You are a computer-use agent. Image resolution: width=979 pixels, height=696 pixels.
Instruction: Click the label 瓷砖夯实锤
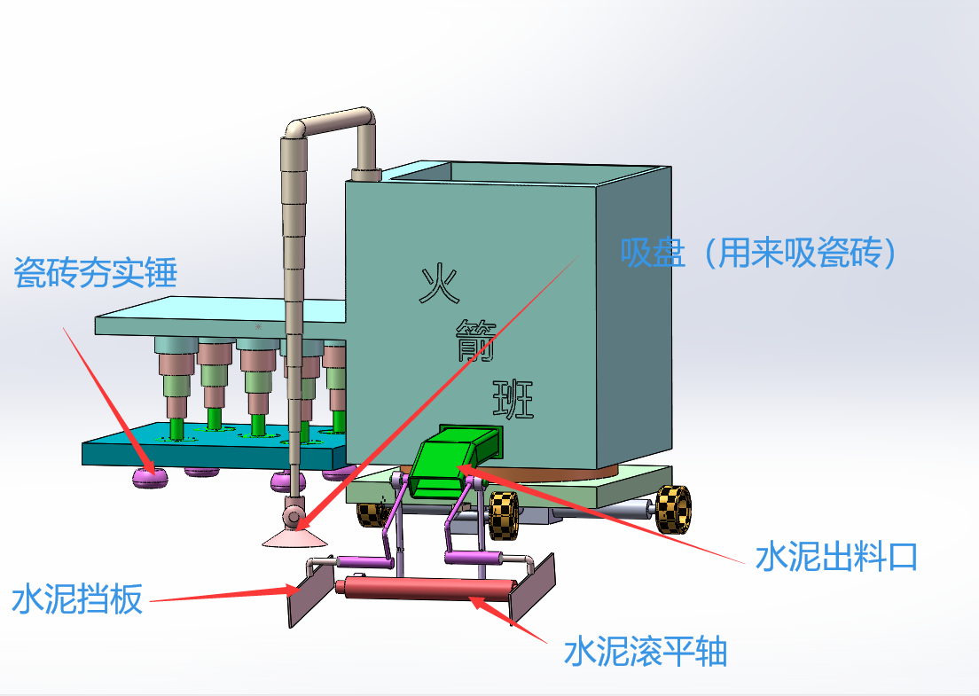[96, 272]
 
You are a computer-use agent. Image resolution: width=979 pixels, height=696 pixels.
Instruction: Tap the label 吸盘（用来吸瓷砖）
[761, 254]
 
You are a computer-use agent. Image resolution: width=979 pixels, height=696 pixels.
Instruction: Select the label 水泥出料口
[835, 557]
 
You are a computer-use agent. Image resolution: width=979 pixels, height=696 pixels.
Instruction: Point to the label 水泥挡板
[77, 600]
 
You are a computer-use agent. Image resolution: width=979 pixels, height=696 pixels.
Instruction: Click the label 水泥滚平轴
[646, 653]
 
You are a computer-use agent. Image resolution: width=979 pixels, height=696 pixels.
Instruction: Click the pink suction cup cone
[294, 537]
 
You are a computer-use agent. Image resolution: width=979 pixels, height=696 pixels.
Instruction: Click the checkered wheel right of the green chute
[502, 515]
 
